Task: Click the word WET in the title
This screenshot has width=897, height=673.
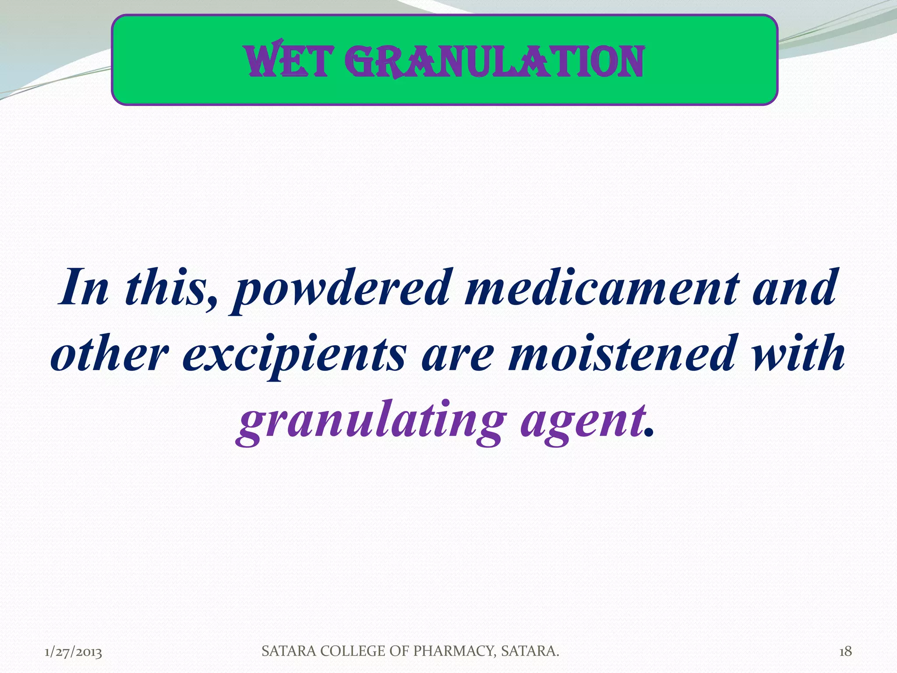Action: coord(286,62)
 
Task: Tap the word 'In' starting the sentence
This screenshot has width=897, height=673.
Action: coord(83,288)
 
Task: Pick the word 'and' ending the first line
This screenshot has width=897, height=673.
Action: coord(795,288)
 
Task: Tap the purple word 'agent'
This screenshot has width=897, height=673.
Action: coord(583,422)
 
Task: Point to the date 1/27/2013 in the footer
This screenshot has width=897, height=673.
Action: coord(74,652)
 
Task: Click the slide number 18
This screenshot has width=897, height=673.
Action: coord(845,652)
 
